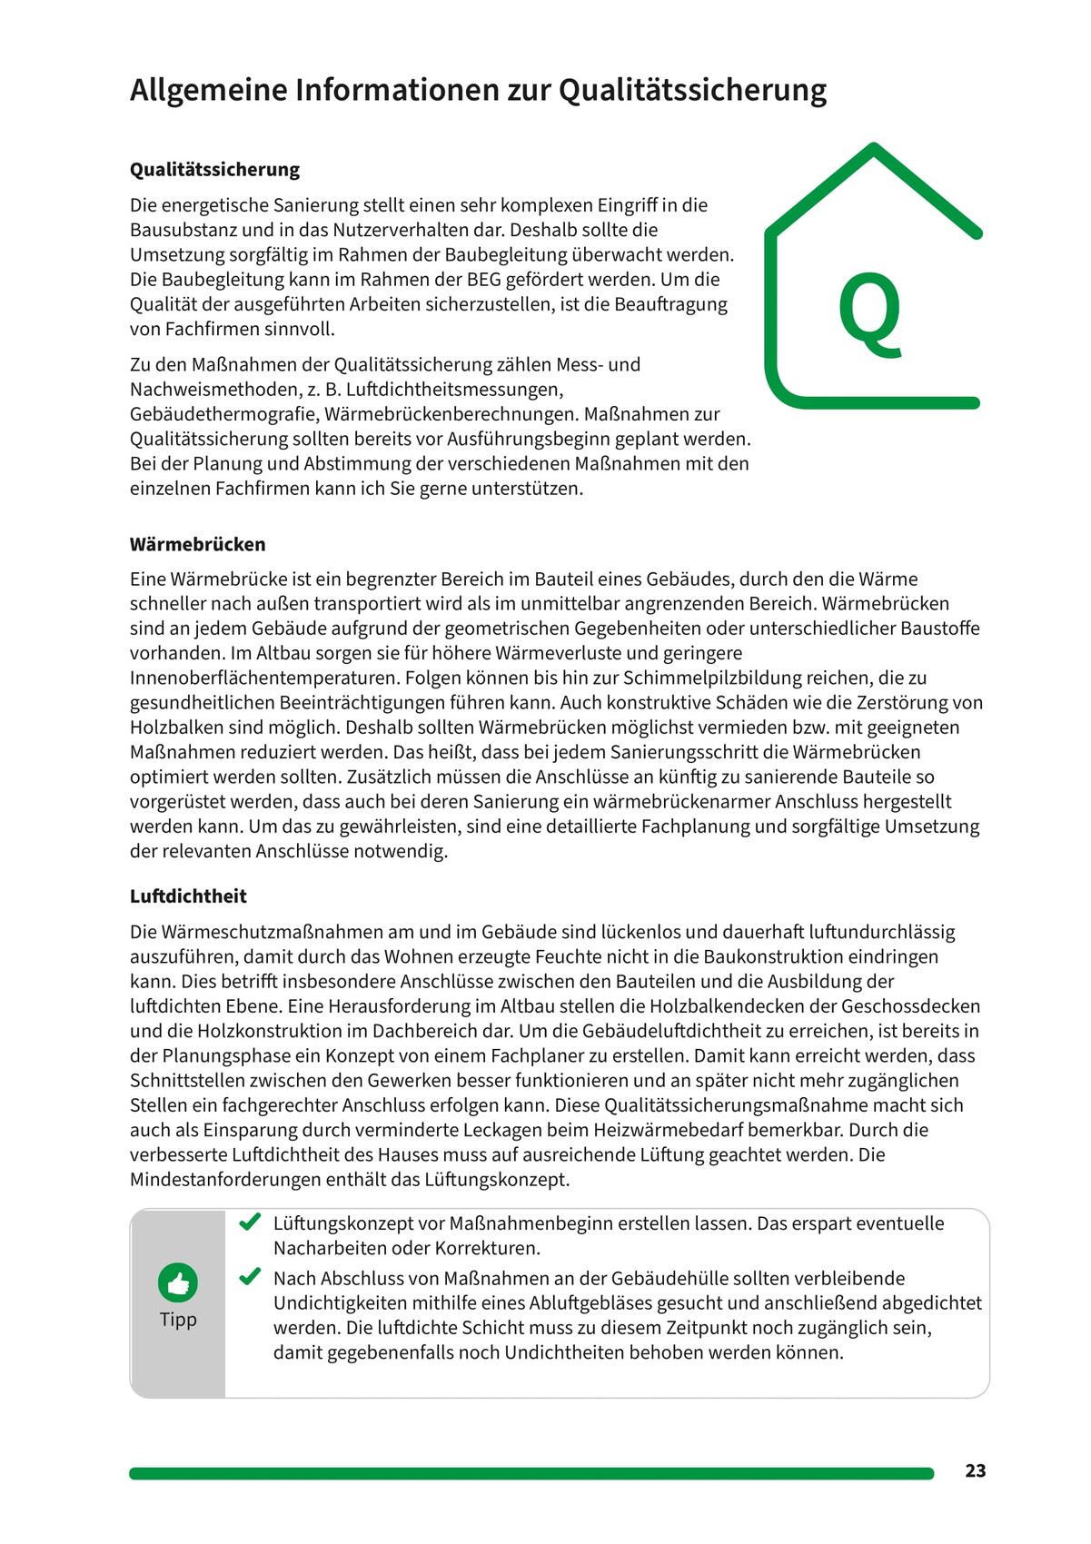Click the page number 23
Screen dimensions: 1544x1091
[x=975, y=1471]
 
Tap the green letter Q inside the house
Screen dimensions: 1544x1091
[x=870, y=312]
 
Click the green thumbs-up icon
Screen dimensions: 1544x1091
[x=178, y=1282]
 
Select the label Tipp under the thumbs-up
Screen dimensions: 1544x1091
[x=178, y=1320]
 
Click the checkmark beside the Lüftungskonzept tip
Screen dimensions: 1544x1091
[x=250, y=1222]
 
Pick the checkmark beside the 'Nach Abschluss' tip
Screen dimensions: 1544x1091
[x=250, y=1277]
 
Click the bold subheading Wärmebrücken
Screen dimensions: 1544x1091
[x=198, y=545]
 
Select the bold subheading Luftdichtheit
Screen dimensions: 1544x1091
[x=188, y=896]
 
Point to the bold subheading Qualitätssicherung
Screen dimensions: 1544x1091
[x=214, y=170]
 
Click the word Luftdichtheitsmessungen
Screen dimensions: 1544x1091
[x=454, y=390]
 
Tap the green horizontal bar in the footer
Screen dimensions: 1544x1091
[x=531, y=1473]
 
